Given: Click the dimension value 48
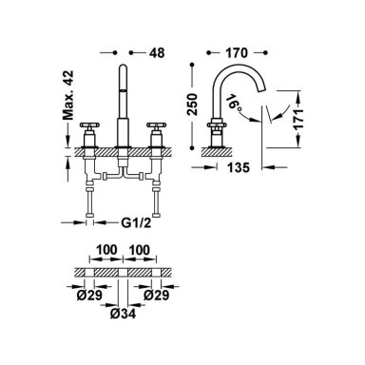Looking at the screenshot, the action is click(x=157, y=53).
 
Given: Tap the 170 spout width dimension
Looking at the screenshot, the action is click(x=237, y=53).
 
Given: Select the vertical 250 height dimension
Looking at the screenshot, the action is click(x=192, y=105).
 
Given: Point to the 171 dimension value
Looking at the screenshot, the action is click(x=298, y=119).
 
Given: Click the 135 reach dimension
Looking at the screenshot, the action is click(x=239, y=167).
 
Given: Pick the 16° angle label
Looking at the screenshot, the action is click(x=235, y=103).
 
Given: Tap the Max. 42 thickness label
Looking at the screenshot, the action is click(x=67, y=95).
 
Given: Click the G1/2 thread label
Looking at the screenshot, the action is click(x=136, y=223).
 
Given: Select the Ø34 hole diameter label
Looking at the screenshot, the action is click(x=123, y=314).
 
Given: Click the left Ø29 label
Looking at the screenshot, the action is click(x=89, y=296).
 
